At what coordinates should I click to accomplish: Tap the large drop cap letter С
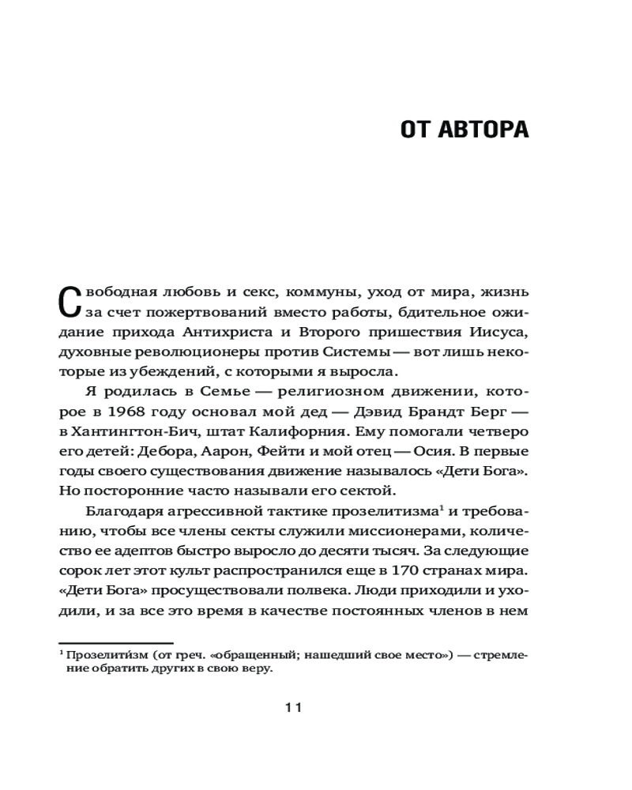[x=70, y=304]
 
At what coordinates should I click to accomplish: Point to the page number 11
[x=293, y=708]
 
